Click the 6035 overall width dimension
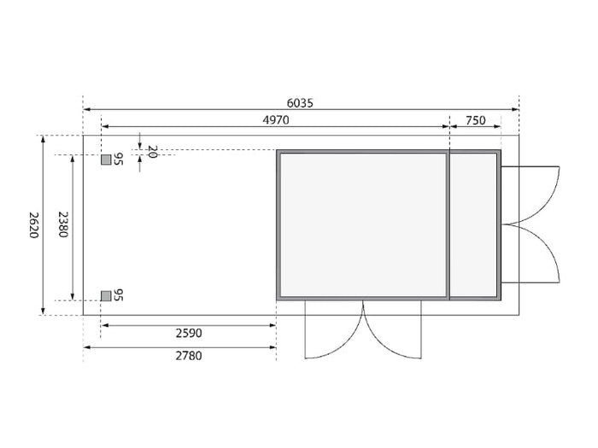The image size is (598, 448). point(300,102)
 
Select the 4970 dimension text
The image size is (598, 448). point(276,120)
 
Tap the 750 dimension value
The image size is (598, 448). point(476,120)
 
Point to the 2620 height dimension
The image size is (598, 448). point(33,225)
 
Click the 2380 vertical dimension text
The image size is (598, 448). point(62,225)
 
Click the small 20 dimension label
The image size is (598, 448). point(152,152)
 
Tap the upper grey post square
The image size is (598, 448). point(106,160)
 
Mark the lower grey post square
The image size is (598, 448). point(106,295)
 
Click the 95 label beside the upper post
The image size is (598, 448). point(120,160)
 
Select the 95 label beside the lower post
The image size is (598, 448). point(120,295)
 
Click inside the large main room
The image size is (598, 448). point(362,225)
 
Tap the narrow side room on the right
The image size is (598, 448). point(474,225)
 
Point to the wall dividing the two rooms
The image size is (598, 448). point(448,225)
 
